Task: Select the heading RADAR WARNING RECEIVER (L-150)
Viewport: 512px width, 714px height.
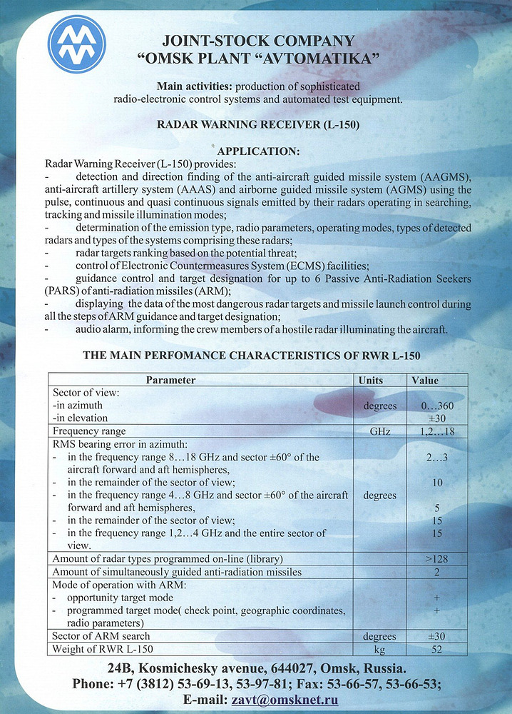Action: tap(257, 125)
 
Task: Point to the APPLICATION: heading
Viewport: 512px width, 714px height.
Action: tap(257, 151)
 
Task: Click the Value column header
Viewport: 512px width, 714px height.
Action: tap(425, 381)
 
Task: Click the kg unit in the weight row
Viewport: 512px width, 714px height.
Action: tap(379, 650)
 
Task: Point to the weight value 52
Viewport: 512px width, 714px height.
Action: tap(437, 650)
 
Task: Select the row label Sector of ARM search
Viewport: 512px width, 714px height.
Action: tap(102, 636)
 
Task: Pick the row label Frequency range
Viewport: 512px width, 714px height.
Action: tap(89, 431)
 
